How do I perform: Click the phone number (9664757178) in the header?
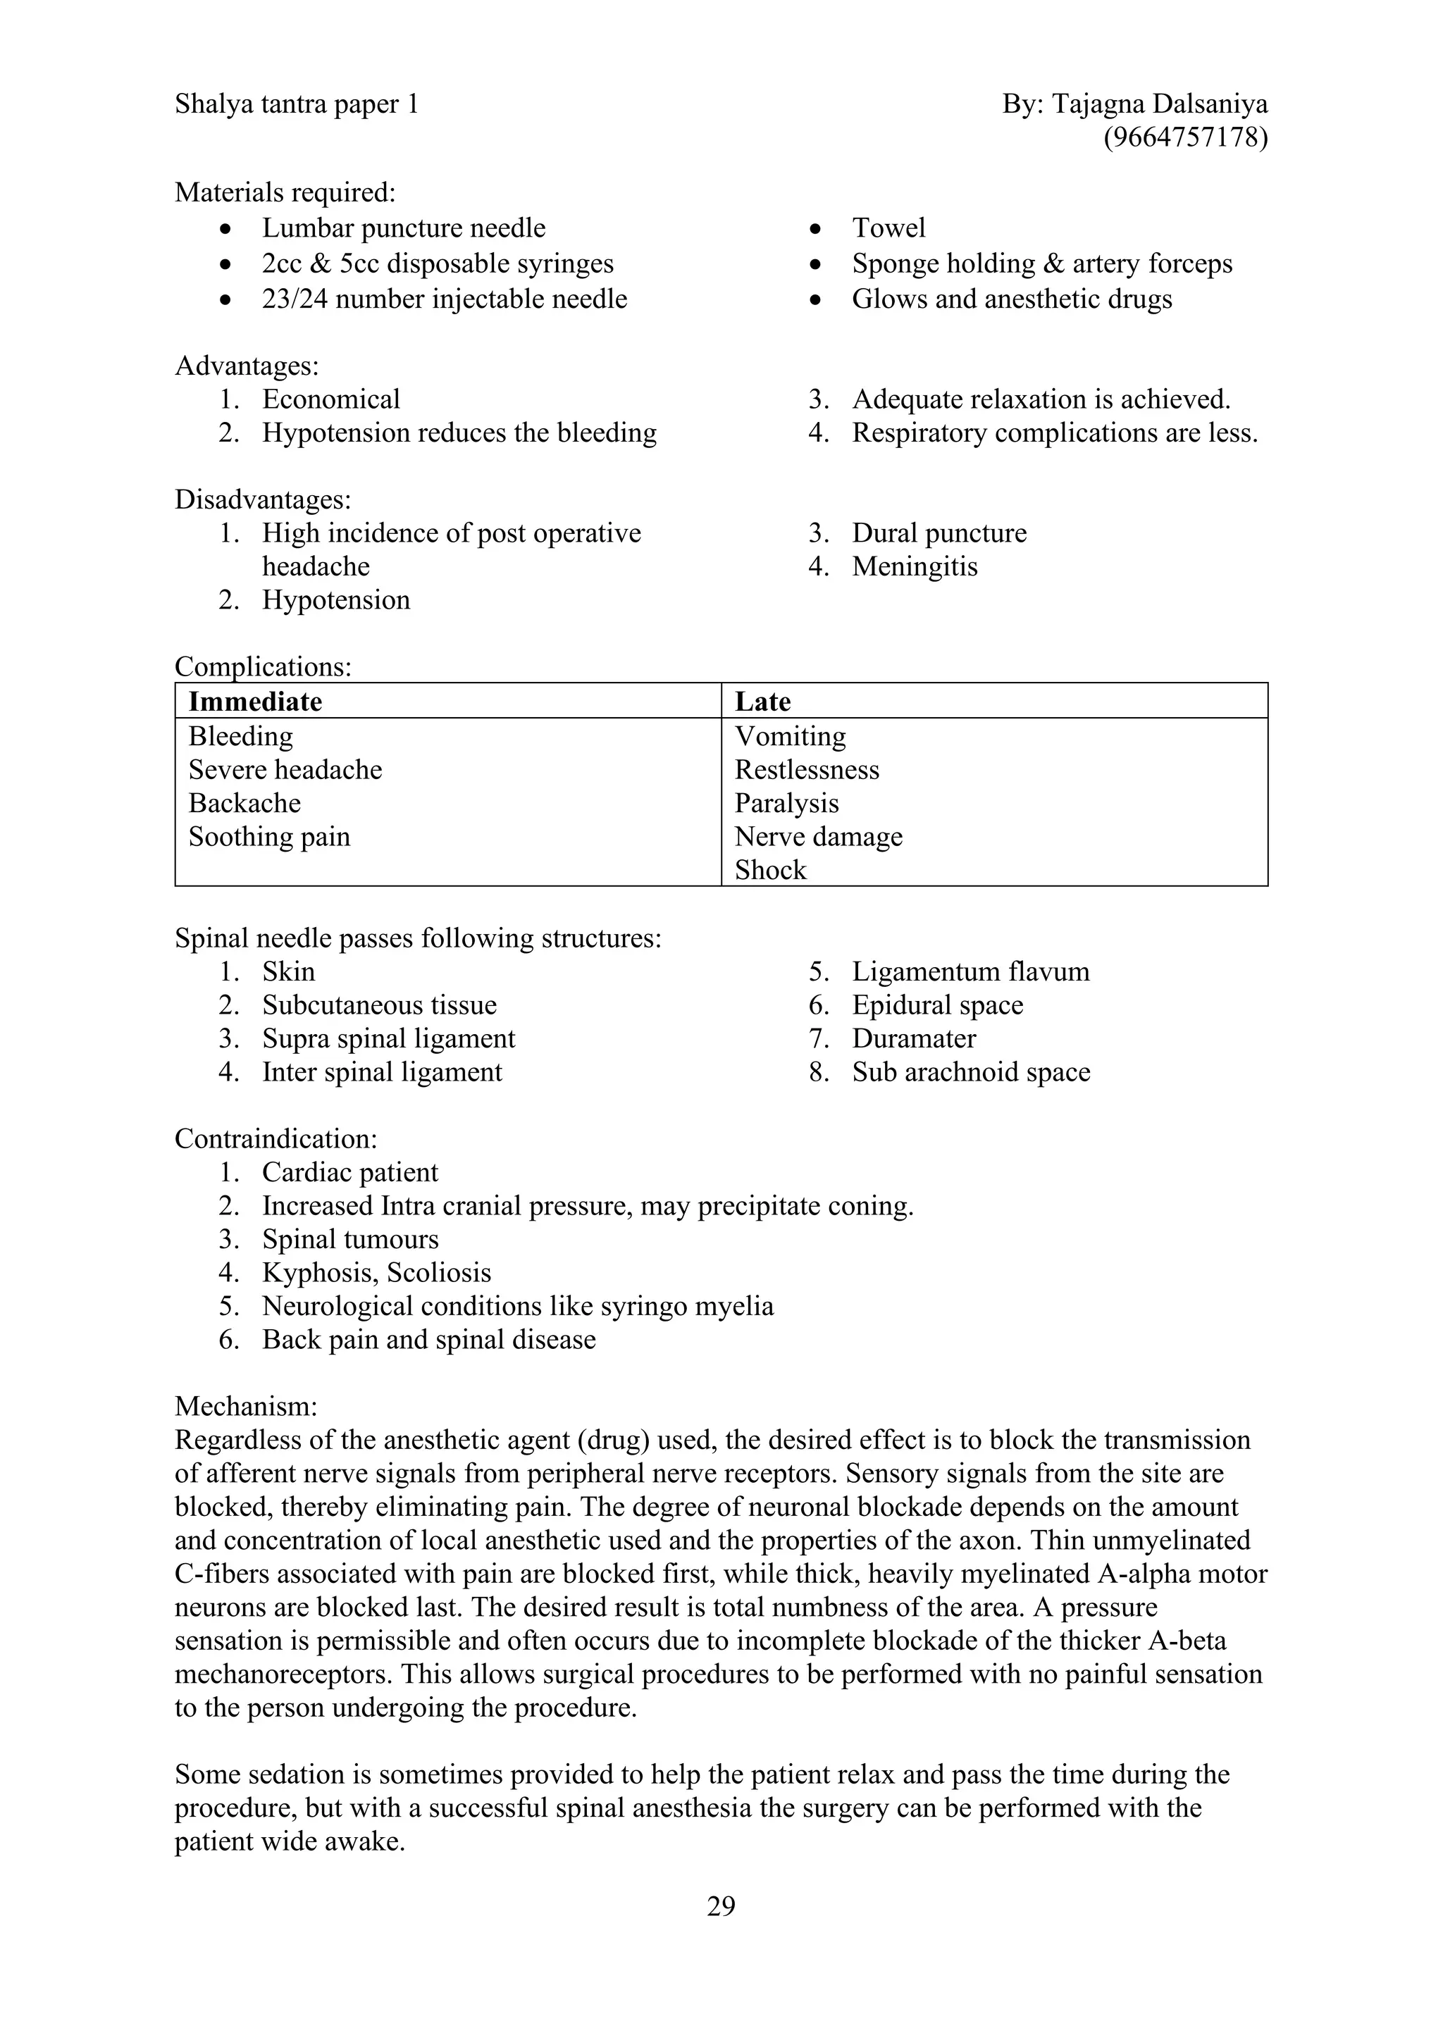[1184, 138]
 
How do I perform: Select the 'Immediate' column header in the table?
[255, 702]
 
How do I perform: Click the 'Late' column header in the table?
[762, 702]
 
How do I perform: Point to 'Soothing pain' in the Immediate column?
[269, 836]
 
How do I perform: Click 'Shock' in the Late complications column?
[770, 870]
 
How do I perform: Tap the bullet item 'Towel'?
[888, 228]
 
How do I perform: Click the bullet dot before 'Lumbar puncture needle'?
[228, 229]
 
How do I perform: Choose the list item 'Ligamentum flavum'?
[970, 971]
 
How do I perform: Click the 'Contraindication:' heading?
[275, 1138]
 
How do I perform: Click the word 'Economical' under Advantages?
[330, 399]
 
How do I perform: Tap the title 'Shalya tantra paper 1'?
[296, 104]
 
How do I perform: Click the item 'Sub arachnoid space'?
[970, 1071]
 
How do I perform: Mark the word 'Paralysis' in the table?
[786, 803]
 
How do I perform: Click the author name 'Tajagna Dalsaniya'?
[1160, 104]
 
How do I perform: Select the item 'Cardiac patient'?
[349, 1172]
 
